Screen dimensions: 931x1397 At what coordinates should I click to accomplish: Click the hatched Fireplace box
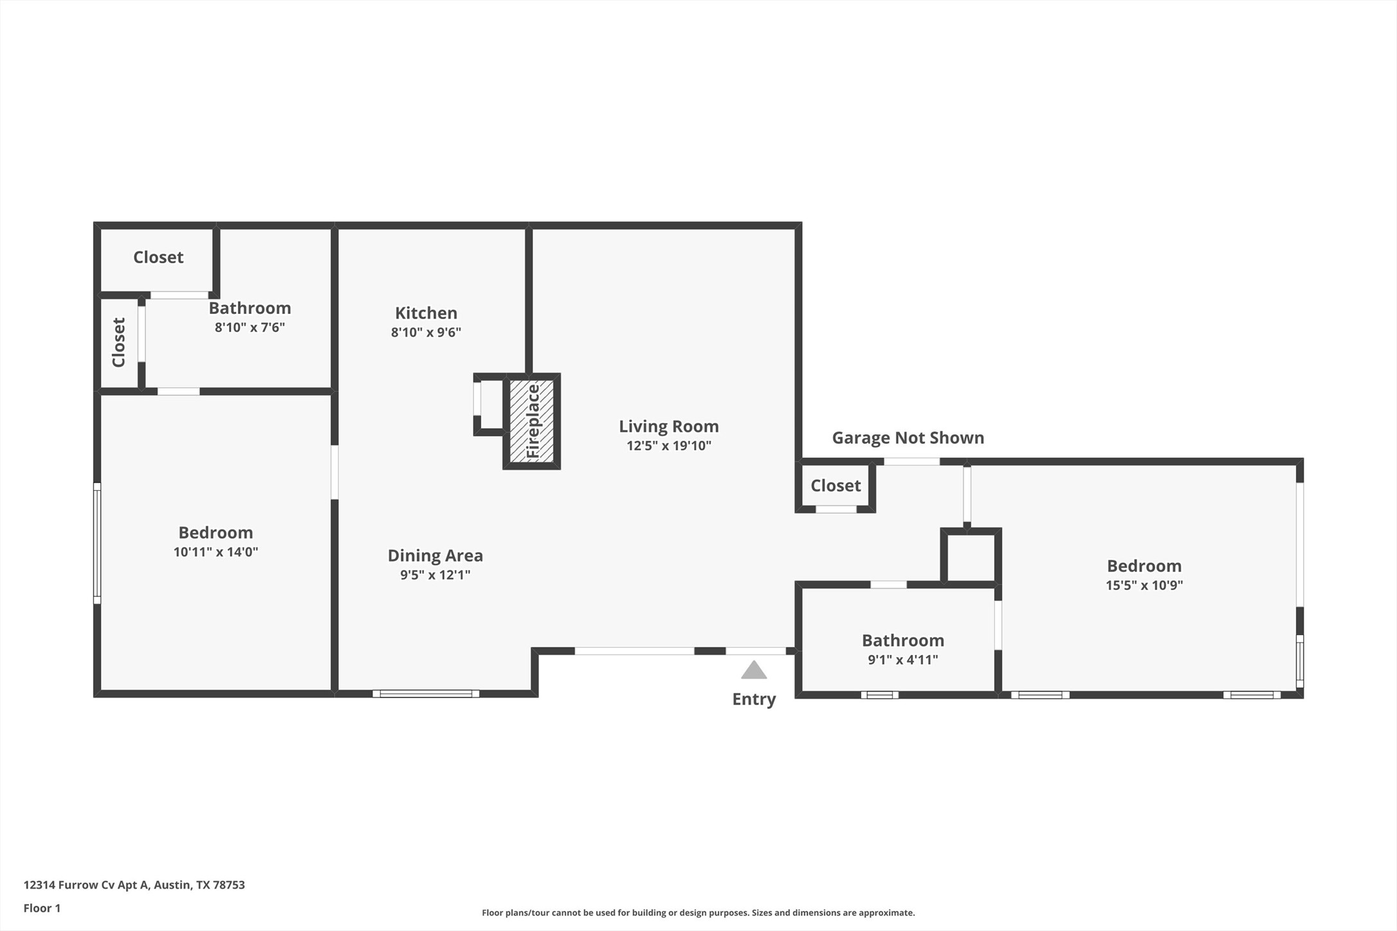pos(531,421)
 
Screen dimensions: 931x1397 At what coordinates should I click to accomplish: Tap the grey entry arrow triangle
pos(754,670)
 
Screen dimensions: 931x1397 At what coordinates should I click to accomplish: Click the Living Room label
pos(668,427)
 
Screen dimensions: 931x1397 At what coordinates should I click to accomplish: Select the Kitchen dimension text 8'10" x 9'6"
pos(426,333)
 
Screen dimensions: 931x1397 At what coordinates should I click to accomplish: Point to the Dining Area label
pos(435,556)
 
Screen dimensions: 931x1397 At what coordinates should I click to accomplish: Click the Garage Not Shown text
pos(908,438)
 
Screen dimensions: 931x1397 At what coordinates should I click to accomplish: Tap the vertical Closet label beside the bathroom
pos(119,342)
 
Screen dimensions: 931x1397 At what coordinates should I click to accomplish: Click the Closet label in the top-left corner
pos(158,257)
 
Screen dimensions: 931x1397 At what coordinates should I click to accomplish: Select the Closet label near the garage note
pos(835,486)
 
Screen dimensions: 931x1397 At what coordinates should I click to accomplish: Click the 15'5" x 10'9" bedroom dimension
pos(1144,585)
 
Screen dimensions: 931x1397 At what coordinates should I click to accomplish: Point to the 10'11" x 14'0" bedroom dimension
pos(215,552)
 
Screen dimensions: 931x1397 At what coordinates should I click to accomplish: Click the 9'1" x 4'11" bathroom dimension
pos(902,660)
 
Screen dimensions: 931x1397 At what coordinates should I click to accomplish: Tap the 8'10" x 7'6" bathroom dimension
pos(250,327)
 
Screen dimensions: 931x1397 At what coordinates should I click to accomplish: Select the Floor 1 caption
pos(42,908)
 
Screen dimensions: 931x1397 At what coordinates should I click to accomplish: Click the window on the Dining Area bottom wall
pos(426,694)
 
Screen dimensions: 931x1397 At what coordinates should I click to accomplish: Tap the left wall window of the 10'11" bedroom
pos(97,543)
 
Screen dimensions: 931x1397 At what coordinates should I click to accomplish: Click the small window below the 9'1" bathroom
pos(879,695)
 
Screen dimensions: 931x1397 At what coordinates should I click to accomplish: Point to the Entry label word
pos(754,699)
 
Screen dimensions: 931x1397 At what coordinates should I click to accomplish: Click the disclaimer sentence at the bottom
pos(698,913)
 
